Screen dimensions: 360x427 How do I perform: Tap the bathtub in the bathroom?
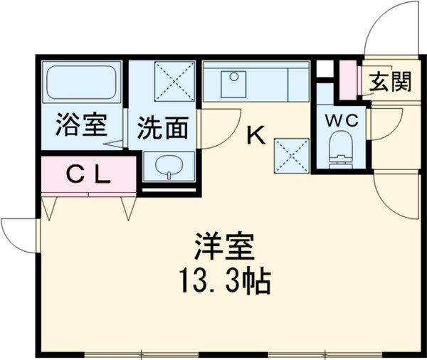(80, 83)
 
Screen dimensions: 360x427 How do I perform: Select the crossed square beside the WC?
(292, 153)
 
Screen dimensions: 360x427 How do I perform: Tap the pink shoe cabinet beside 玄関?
(347, 80)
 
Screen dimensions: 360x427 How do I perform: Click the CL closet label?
(88, 175)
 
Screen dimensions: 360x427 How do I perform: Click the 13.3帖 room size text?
(222, 282)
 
